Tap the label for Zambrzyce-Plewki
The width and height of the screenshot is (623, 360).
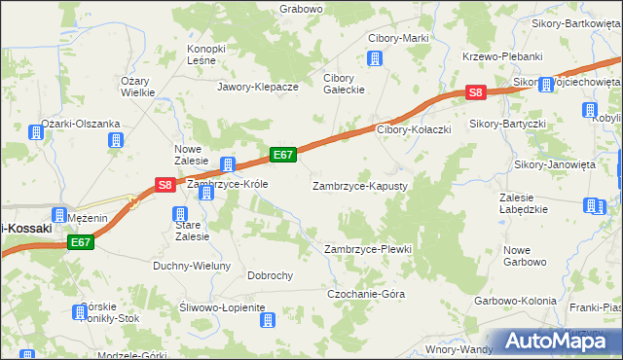click(x=368, y=250)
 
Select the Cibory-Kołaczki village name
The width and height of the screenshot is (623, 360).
click(x=414, y=129)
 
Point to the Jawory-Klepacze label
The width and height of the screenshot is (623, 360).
click(x=258, y=87)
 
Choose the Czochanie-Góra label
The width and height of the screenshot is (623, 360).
click(x=366, y=294)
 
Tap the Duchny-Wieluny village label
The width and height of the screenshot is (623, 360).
click(x=192, y=266)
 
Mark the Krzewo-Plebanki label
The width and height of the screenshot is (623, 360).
click(x=502, y=56)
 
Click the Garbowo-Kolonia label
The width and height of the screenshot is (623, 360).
click(x=515, y=301)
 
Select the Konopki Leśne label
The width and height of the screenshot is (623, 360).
click(x=206, y=54)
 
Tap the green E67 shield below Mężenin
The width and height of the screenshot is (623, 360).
click(x=81, y=243)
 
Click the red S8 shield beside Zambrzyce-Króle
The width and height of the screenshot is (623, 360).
click(x=165, y=184)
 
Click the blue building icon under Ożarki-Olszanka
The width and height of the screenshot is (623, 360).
click(x=116, y=141)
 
